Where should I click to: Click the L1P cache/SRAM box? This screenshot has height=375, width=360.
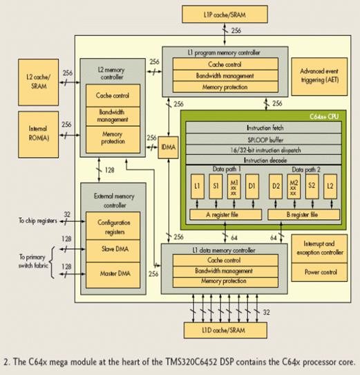225,15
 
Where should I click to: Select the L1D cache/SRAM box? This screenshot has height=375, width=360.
225,330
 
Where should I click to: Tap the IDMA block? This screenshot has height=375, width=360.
168,147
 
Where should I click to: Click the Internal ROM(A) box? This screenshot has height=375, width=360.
39,134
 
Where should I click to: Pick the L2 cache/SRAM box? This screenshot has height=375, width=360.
39,82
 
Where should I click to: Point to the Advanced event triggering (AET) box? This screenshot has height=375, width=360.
319,77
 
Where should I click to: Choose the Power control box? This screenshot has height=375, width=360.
319,272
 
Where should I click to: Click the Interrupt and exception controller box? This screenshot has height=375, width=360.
319,248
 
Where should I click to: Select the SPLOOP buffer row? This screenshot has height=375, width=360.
264,139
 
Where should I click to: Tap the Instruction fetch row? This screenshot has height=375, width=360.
264,128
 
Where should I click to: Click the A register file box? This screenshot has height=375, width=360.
225,214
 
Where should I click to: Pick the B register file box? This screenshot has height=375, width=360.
303,214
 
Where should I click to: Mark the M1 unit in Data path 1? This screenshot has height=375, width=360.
234,187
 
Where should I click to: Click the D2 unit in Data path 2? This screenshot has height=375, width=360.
276,187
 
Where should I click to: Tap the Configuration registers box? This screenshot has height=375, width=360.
113,226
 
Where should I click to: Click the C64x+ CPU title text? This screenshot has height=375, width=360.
324,116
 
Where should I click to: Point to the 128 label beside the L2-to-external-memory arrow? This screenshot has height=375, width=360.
109,170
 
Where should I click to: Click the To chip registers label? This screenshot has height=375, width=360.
38,221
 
